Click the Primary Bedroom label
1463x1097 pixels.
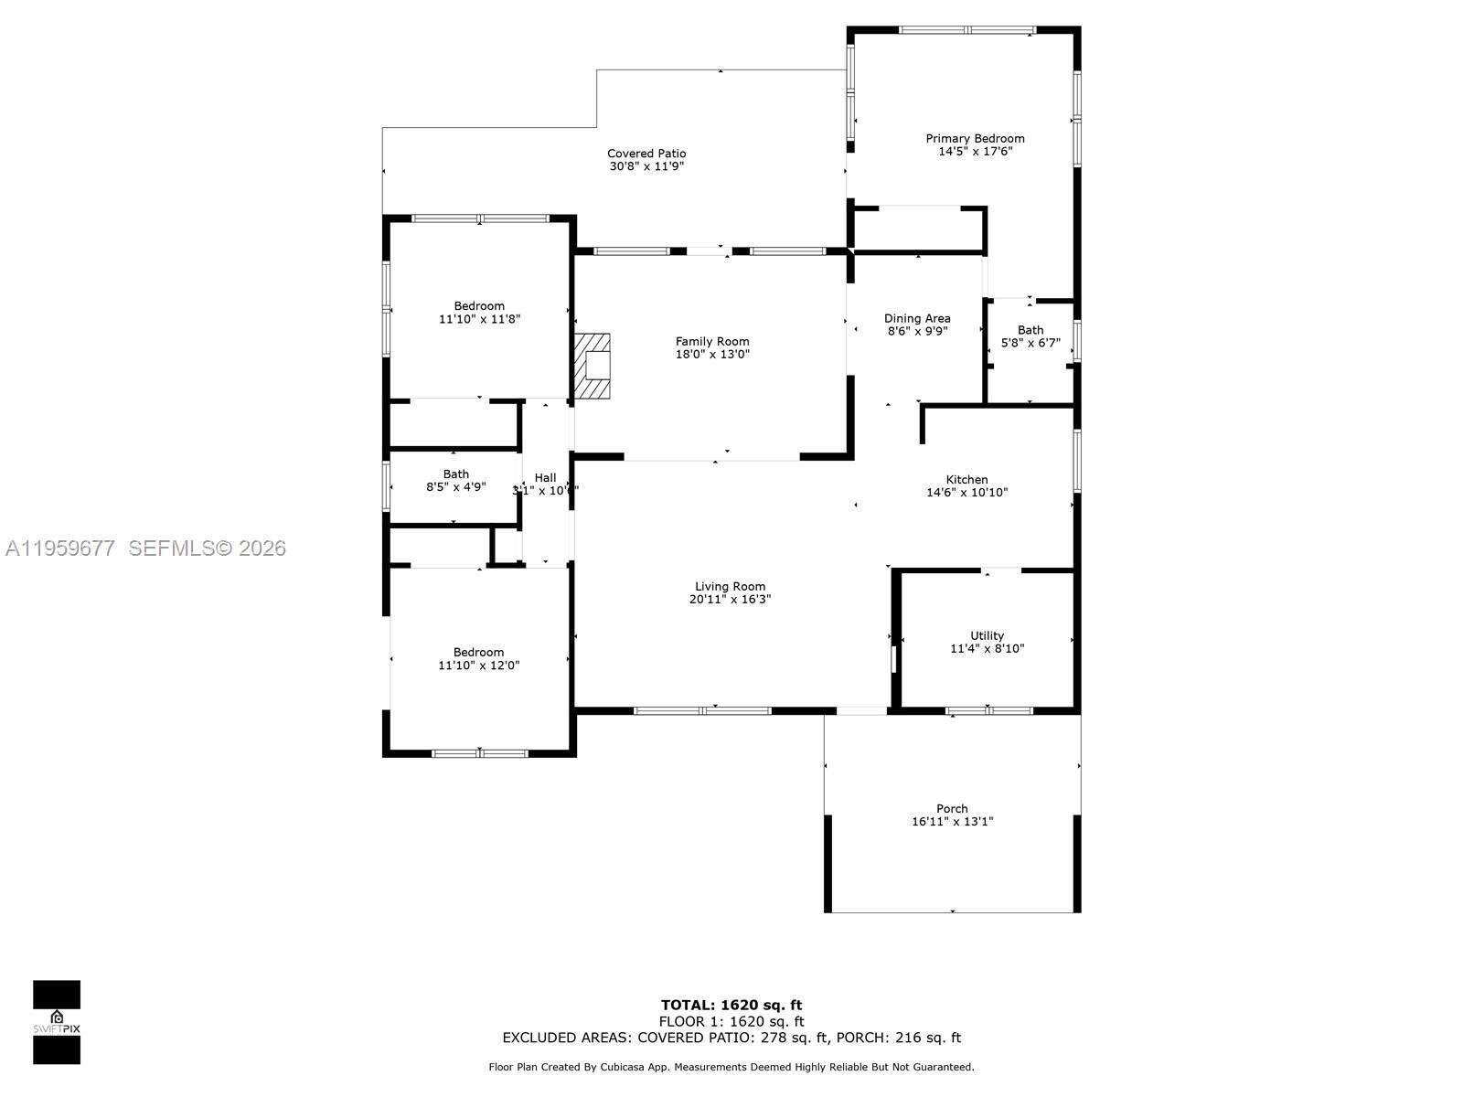pos(975,139)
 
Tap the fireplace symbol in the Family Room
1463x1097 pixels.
pos(593,366)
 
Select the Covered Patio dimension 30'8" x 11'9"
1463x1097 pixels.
pos(646,166)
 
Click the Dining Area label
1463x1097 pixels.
pos(917,319)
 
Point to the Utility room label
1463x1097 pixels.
pos(987,635)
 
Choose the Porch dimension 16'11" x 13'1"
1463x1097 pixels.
pos(952,822)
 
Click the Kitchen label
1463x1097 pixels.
pos(966,479)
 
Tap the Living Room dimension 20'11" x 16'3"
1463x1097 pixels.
pos(730,600)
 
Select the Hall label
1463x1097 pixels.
pos(545,477)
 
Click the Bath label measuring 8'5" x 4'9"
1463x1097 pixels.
pos(455,474)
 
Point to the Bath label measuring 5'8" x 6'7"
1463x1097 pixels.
pos(1031,330)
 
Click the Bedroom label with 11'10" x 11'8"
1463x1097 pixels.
pos(479,306)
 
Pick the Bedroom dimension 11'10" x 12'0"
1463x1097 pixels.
pos(479,666)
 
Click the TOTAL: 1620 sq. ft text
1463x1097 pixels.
pos(731,1006)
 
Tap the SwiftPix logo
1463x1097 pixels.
pos(57,1022)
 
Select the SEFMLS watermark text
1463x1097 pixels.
pos(207,548)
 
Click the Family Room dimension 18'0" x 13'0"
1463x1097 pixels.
pos(712,354)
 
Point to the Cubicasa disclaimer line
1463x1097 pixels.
pos(731,1067)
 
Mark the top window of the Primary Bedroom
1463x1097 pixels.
pos(966,30)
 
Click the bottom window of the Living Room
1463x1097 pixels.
pos(702,710)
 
